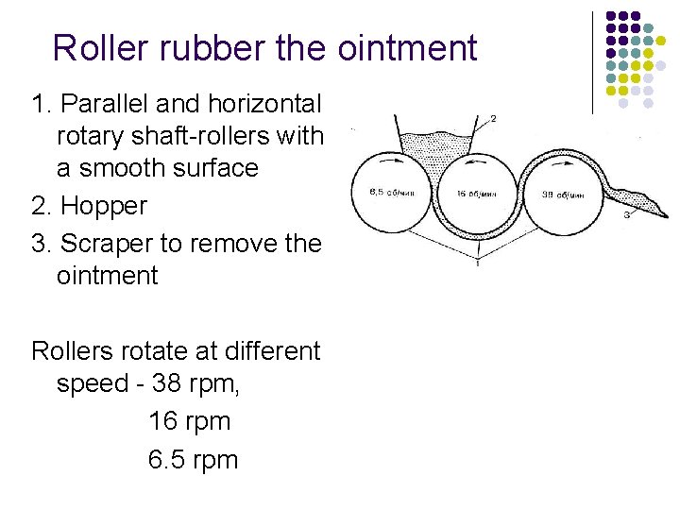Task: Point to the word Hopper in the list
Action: (x=103, y=206)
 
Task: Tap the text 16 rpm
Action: (x=189, y=421)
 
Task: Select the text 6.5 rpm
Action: (x=193, y=460)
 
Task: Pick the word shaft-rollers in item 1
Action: (x=212, y=136)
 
